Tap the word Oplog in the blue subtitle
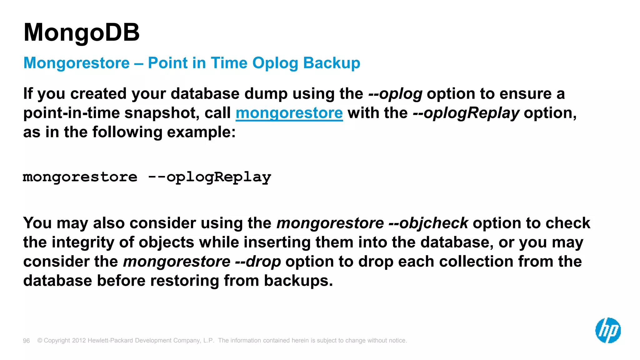tap(275, 63)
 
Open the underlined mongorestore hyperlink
tap(289, 113)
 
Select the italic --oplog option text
tap(395, 94)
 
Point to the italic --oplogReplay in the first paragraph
tap(466, 113)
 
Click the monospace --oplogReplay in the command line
tap(209, 177)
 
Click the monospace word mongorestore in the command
tap(80, 177)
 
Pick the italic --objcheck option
tap(428, 223)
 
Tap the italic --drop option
tap(258, 262)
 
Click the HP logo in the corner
tap(608, 330)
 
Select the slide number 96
tap(27, 341)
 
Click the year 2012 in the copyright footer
tap(79, 341)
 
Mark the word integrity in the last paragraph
tap(83, 242)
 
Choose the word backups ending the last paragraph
tap(298, 281)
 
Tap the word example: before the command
tap(201, 132)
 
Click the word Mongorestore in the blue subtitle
tap(77, 63)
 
